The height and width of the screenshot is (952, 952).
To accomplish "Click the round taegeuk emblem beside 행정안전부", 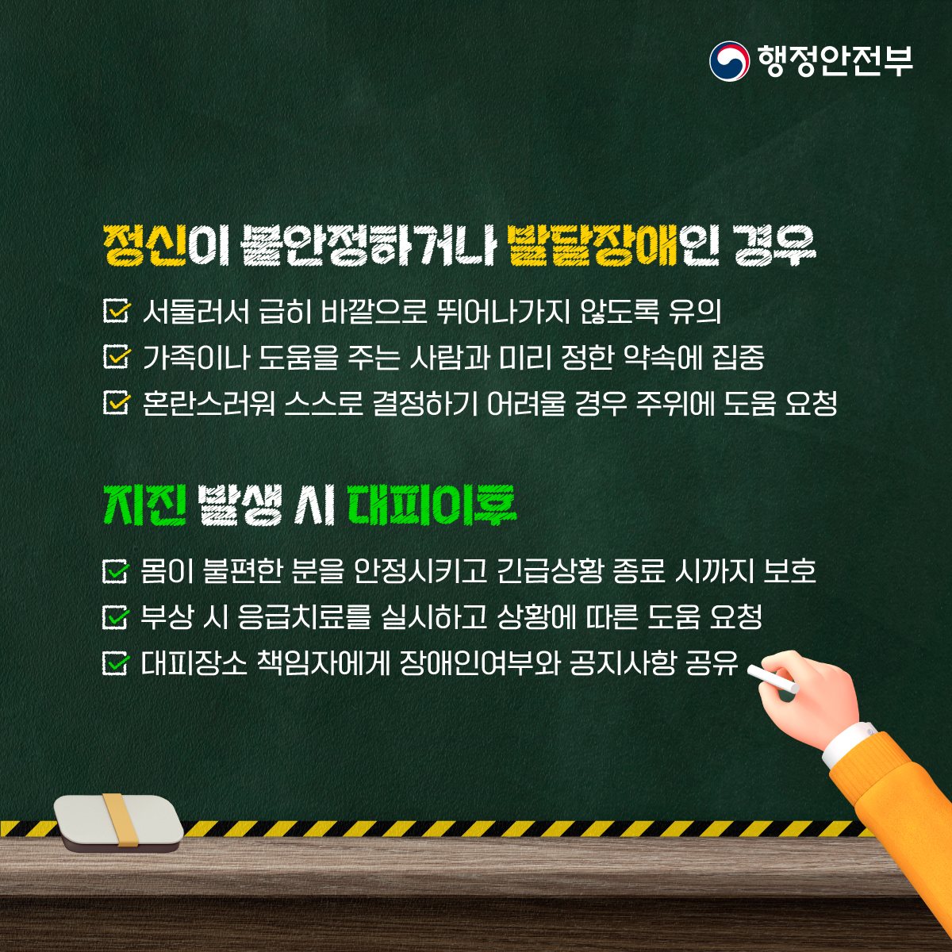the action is tap(729, 61).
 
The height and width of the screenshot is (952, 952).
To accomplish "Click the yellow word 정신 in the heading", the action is tap(145, 246).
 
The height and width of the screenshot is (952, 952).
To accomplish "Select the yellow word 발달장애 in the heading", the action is tap(593, 246).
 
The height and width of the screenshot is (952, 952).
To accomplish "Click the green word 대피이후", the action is tap(432, 506).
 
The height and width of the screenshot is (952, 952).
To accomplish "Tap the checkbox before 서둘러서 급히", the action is tap(117, 310).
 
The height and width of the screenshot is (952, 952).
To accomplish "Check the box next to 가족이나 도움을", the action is tap(117, 356).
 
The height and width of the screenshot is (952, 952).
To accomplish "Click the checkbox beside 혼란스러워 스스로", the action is tap(117, 402).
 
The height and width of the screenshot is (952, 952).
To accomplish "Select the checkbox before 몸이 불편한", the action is tap(116, 570).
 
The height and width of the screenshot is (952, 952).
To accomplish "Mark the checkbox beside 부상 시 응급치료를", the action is tap(116, 616).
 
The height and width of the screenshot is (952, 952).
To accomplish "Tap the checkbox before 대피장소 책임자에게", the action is tap(116, 662).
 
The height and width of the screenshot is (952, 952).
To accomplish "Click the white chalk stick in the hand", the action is tap(773, 678).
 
